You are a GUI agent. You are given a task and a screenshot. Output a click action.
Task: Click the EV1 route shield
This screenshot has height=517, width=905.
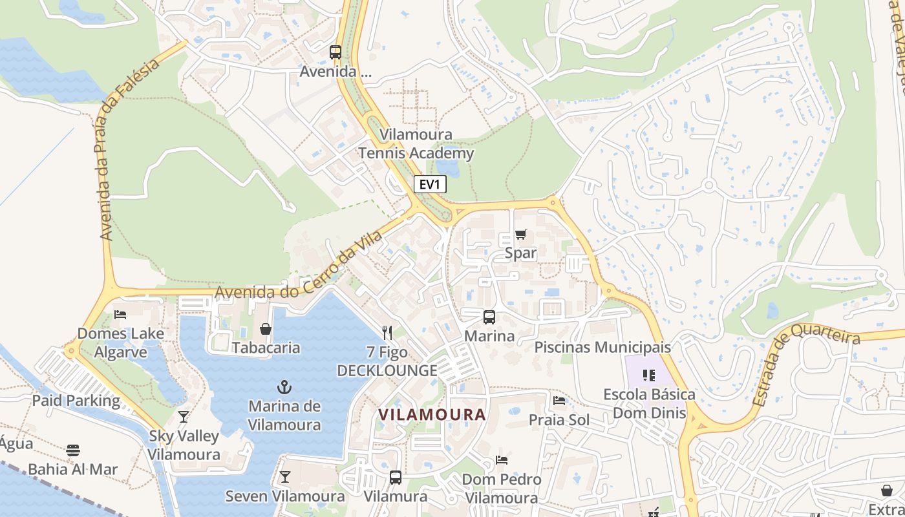430,185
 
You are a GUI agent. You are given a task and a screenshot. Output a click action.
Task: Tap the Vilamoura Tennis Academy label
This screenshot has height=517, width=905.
416,144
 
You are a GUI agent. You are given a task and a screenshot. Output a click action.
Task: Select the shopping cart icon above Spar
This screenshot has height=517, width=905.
520,234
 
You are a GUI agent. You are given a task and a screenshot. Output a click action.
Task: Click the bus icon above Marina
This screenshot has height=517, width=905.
489,317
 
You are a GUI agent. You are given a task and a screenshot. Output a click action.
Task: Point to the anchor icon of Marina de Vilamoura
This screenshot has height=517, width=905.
284,387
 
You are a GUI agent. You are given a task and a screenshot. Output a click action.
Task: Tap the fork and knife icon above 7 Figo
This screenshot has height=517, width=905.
387,333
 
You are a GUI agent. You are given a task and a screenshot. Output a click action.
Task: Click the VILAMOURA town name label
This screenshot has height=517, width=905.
432,415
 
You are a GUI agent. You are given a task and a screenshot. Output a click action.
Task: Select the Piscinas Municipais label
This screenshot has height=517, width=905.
602,347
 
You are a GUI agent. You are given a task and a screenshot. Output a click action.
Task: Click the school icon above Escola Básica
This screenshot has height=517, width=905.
649,375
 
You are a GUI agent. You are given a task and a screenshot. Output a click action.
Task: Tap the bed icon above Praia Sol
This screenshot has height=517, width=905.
559,401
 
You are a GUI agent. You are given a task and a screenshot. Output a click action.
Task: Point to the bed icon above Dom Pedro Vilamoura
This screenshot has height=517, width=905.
501,460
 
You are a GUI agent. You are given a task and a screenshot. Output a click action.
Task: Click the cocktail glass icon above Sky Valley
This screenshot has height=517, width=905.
184,417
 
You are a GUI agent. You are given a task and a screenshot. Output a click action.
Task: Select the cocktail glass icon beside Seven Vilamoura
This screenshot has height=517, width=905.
284,478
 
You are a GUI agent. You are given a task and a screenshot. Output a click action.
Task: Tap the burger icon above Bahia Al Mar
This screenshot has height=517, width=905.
73,450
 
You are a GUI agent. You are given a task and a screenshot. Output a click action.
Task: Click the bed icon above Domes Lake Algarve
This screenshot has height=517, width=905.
120,315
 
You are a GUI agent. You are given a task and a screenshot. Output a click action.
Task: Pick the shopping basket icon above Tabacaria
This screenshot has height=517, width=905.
265,329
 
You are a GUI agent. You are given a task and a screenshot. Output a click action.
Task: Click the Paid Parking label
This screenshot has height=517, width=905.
76,401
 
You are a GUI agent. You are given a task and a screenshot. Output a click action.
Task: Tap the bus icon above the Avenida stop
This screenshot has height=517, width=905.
335,52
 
